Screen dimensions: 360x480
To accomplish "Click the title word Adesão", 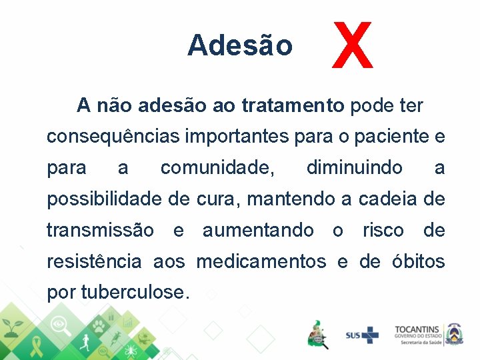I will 240,45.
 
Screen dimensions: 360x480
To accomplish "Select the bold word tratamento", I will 293,105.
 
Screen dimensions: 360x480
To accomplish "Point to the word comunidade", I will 217,167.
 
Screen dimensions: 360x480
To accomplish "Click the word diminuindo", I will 354,167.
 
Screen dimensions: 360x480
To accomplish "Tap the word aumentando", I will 258,230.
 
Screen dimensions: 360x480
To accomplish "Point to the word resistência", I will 94,261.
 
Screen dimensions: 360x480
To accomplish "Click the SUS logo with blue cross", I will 361,335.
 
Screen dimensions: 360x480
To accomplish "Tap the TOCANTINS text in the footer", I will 417,329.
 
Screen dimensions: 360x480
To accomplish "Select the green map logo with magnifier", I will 317,333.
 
